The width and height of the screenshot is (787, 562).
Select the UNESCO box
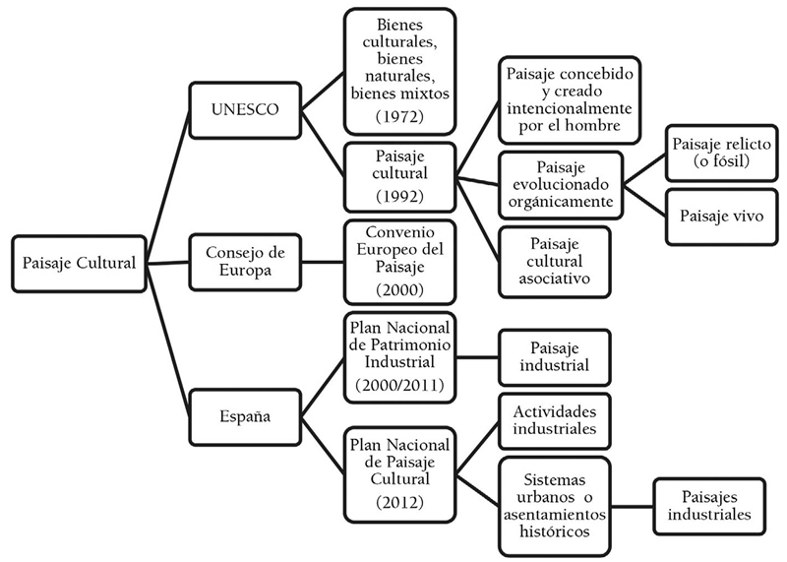click(x=243, y=109)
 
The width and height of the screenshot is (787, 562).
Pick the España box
click(x=243, y=416)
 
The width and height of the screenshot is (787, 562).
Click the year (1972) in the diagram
click(x=398, y=117)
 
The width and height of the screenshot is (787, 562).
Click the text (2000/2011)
click(x=398, y=385)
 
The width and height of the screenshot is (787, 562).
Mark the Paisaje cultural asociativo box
click(x=554, y=260)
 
